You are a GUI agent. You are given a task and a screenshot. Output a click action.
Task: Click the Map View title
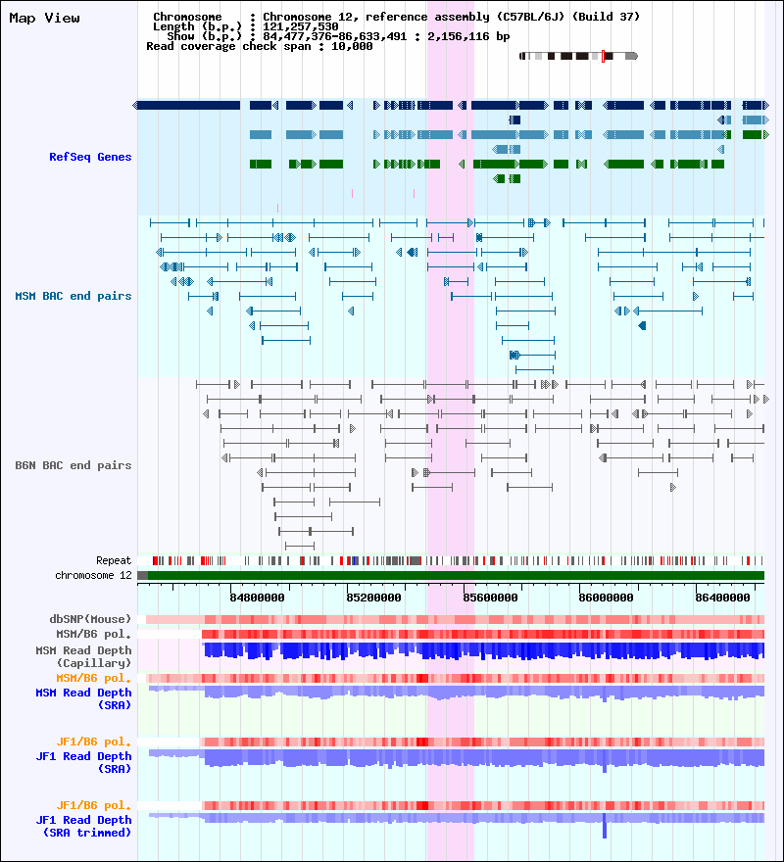(44, 18)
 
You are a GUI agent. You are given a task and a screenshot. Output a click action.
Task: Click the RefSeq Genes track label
(90, 157)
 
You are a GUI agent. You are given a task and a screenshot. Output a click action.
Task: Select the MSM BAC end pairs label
(73, 296)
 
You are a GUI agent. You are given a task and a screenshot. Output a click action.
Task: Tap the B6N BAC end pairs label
(73, 465)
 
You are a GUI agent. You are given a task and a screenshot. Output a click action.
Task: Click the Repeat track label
(114, 560)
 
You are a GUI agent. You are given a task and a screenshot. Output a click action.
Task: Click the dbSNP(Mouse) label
(90, 619)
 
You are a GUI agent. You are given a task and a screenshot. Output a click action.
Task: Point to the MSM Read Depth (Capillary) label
(83, 656)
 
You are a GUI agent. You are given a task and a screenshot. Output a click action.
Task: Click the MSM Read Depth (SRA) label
(83, 698)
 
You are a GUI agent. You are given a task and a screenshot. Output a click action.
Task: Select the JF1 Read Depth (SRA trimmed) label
(83, 826)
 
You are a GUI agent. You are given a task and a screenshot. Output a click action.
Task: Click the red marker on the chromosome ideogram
(603, 56)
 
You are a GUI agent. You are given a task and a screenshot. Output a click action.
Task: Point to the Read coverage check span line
(259, 46)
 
